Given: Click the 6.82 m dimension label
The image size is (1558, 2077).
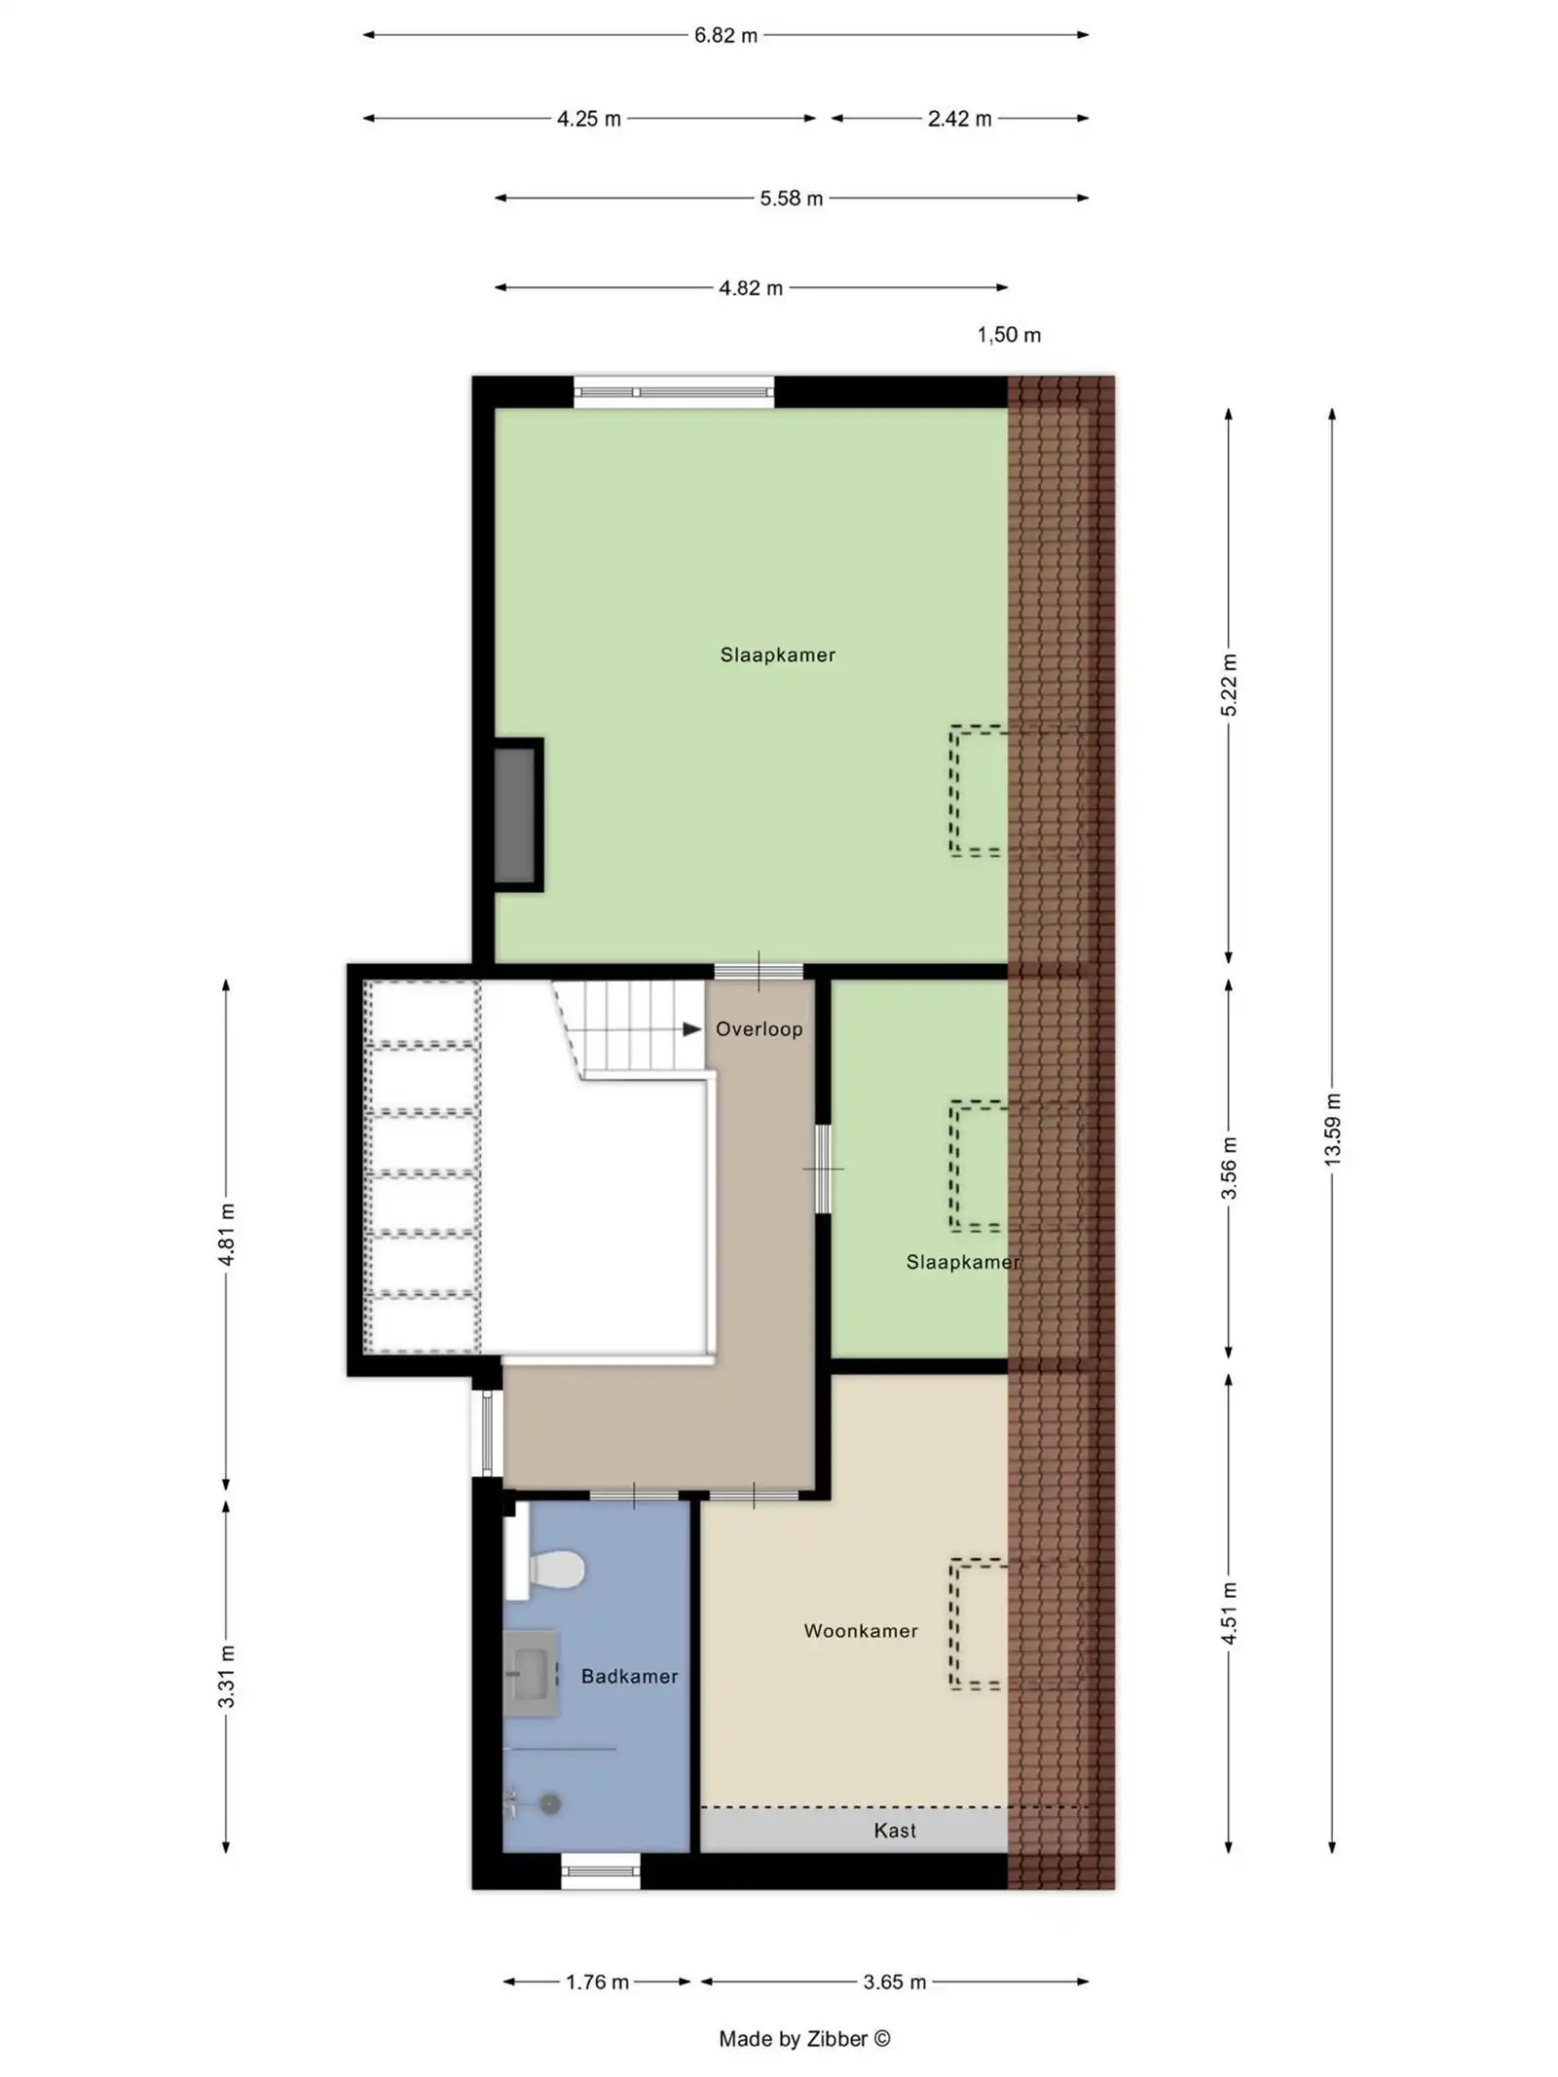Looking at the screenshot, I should pyautogui.click(x=724, y=36).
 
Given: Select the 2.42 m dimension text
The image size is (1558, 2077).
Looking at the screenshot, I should pyautogui.click(x=958, y=119).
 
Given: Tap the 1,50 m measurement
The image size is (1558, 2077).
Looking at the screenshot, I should pyautogui.click(x=1008, y=335).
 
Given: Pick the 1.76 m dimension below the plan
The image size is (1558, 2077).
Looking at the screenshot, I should pyautogui.click(x=596, y=1982).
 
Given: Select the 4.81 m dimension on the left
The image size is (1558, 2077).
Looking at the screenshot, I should pyautogui.click(x=226, y=1234).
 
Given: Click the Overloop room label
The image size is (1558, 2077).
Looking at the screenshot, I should pyautogui.click(x=759, y=1029).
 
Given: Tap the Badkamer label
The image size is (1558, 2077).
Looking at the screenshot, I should pyautogui.click(x=629, y=1676).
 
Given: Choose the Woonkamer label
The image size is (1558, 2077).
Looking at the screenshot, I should pyautogui.click(x=860, y=1631).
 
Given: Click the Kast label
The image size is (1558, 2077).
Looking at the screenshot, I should pyautogui.click(x=894, y=1831).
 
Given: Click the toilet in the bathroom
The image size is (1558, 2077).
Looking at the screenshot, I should pyautogui.click(x=552, y=1569).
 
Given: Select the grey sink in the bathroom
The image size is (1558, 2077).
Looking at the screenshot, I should pyautogui.click(x=531, y=1674).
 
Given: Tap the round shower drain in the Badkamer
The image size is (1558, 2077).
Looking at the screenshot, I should pyautogui.click(x=551, y=1804).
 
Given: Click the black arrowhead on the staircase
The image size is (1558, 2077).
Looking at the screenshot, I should pyautogui.click(x=691, y=1029).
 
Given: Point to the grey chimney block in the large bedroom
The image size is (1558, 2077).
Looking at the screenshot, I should pyautogui.click(x=515, y=815).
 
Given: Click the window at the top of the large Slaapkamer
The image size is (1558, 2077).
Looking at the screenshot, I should pyautogui.click(x=673, y=391).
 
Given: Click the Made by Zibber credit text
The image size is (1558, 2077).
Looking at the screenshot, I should pyautogui.click(x=804, y=2038).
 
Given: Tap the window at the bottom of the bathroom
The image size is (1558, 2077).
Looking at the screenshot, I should pyautogui.click(x=600, y=1870).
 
